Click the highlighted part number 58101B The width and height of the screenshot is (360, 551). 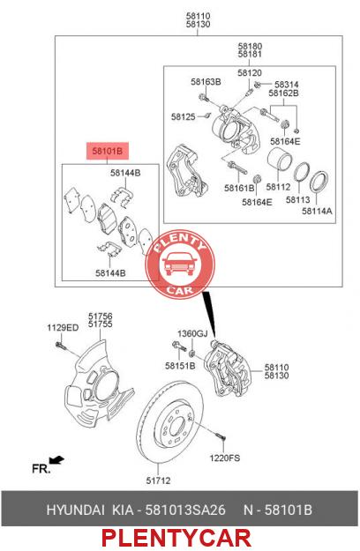(x=108, y=151)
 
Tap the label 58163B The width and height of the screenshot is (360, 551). (x=206, y=82)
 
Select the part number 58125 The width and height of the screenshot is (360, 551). (x=184, y=116)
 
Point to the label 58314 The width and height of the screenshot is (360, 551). (x=287, y=85)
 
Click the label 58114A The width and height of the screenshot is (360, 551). (x=317, y=211)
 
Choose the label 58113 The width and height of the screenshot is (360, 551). (x=297, y=199)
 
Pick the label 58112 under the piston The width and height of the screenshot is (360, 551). (x=278, y=187)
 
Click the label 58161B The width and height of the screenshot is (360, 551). (x=239, y=189)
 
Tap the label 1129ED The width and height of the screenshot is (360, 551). (x=63, y=328)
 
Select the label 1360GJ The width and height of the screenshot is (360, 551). (x=192, y=333)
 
